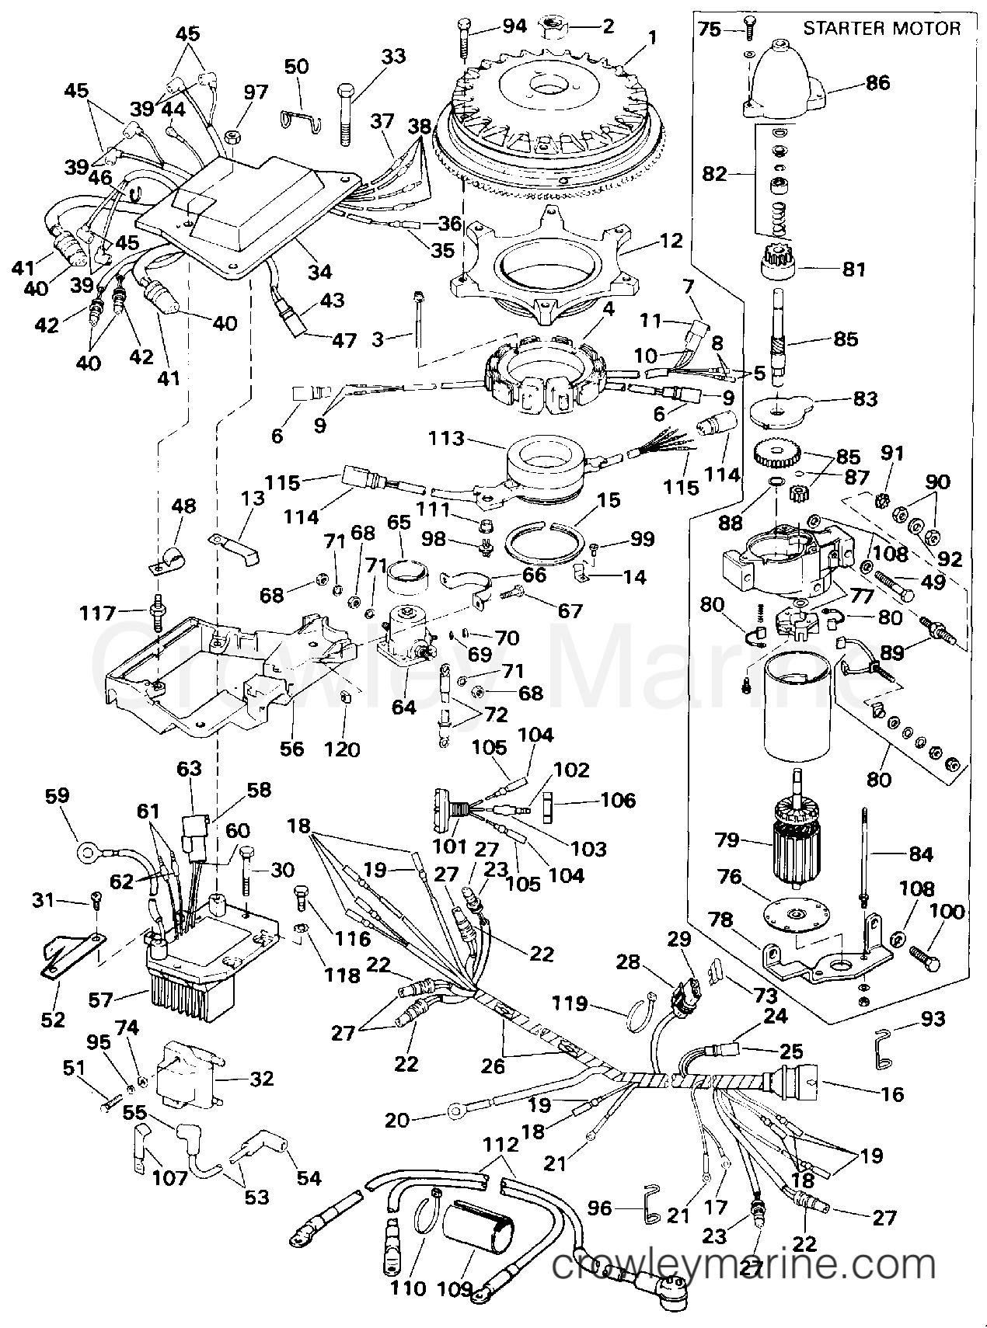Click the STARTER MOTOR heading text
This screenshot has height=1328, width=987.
coord(881,29)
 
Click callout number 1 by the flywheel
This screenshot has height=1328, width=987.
coord(653,36)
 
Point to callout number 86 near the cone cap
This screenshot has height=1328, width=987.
coord(878,82)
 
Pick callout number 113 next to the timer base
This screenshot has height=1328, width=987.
coord(445,438)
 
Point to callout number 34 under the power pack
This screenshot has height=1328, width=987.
coord(319,271)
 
